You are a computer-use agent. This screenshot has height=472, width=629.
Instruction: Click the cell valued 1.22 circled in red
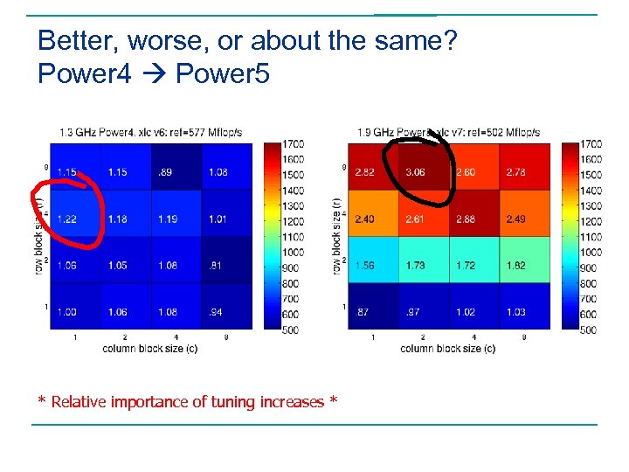66,219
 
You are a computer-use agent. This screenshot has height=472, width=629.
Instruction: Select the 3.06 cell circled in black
415,172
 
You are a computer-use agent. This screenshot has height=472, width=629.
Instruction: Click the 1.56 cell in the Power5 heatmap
365,265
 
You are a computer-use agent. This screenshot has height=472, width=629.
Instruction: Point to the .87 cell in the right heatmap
365,311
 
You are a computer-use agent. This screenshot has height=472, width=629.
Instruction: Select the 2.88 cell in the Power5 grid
466,219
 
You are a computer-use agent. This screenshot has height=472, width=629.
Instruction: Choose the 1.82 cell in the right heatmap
516,265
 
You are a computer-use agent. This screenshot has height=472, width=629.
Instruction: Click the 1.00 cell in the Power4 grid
66,311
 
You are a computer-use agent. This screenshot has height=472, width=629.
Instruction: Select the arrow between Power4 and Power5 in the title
153,74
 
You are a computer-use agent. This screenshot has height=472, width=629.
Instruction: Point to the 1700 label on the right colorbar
591,143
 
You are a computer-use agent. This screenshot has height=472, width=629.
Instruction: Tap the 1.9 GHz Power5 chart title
448,132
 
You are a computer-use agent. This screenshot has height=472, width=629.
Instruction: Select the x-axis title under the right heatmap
448,348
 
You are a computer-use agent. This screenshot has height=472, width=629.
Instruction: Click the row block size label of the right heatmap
336,236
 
